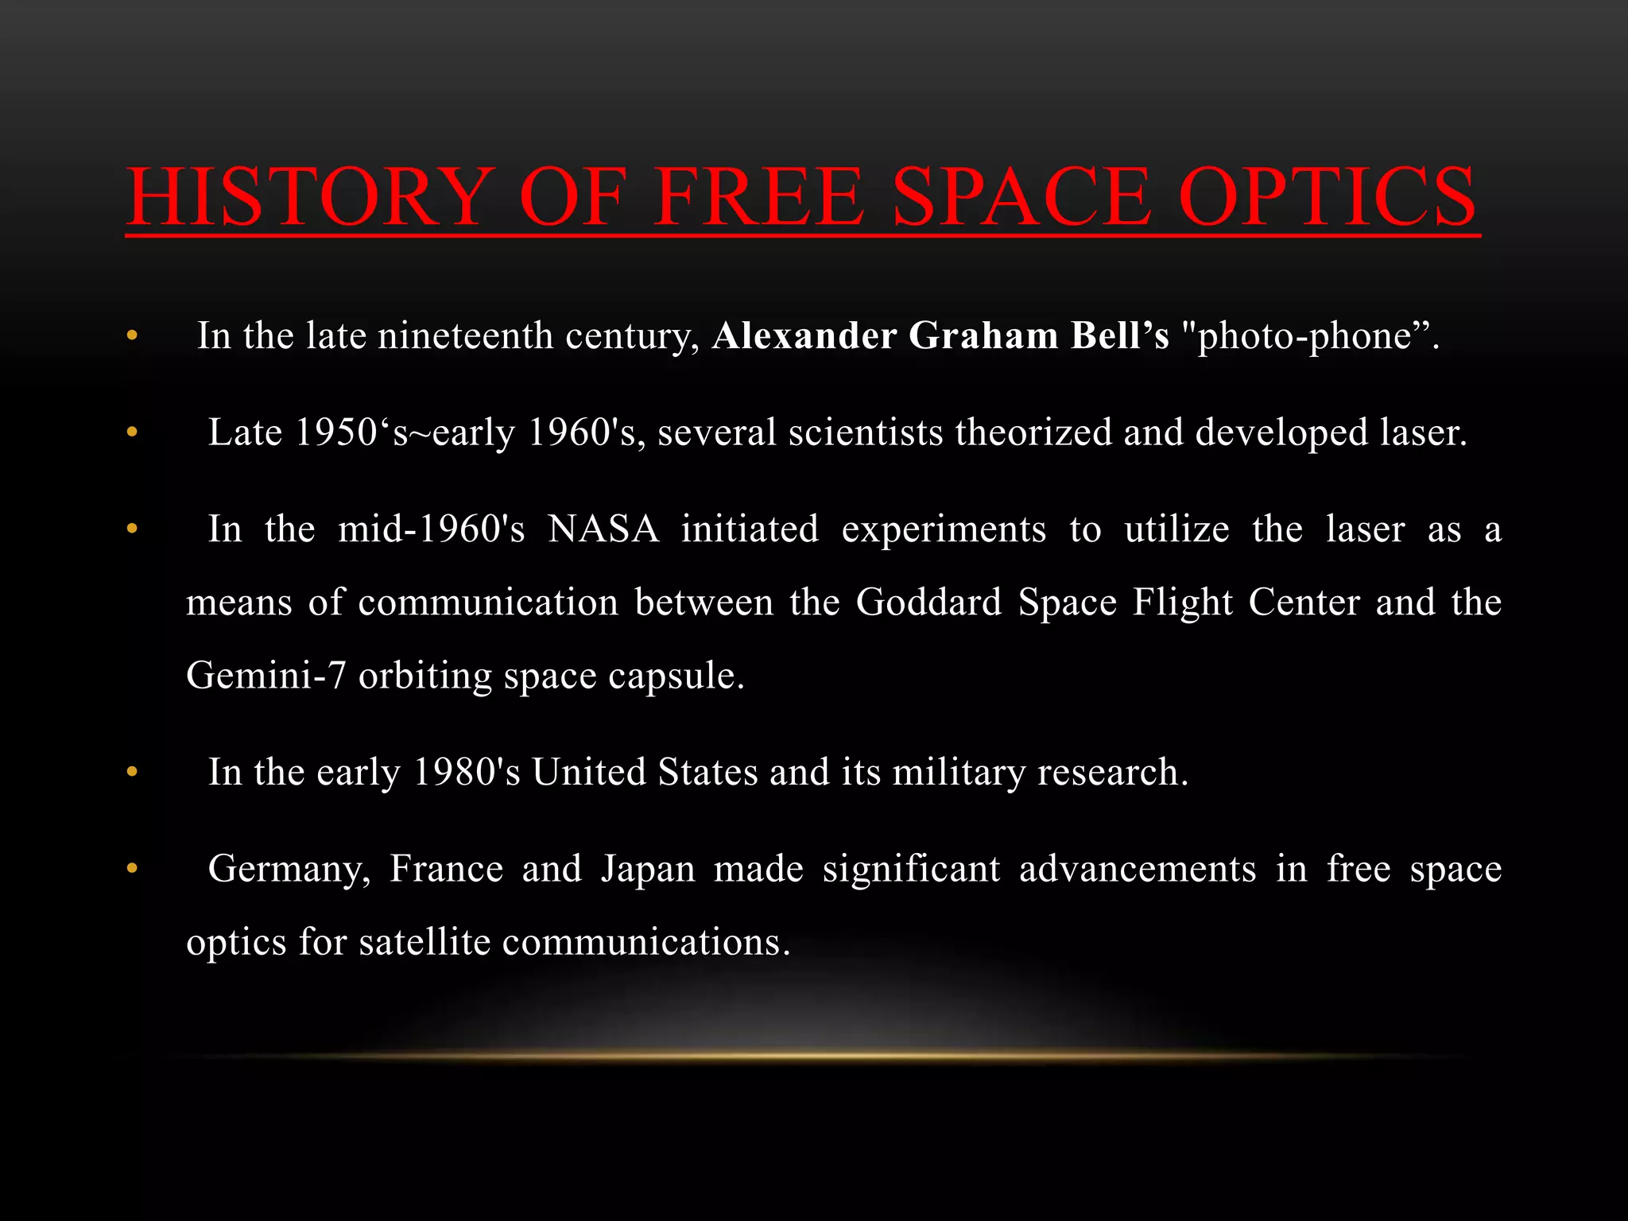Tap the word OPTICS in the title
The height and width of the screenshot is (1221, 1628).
[1327, 196]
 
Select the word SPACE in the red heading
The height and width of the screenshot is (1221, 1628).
[1020, 196]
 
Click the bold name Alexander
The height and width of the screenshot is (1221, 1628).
[804, 335]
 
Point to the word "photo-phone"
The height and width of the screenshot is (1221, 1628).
[1308, 335]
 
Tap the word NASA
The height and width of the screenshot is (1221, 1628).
[603, 529]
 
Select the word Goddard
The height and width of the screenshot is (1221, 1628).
[928, 603]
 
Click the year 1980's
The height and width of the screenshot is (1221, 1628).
[467, 772]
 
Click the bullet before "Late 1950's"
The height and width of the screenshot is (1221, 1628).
[132, 433]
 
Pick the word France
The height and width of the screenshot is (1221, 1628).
[446, 869]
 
